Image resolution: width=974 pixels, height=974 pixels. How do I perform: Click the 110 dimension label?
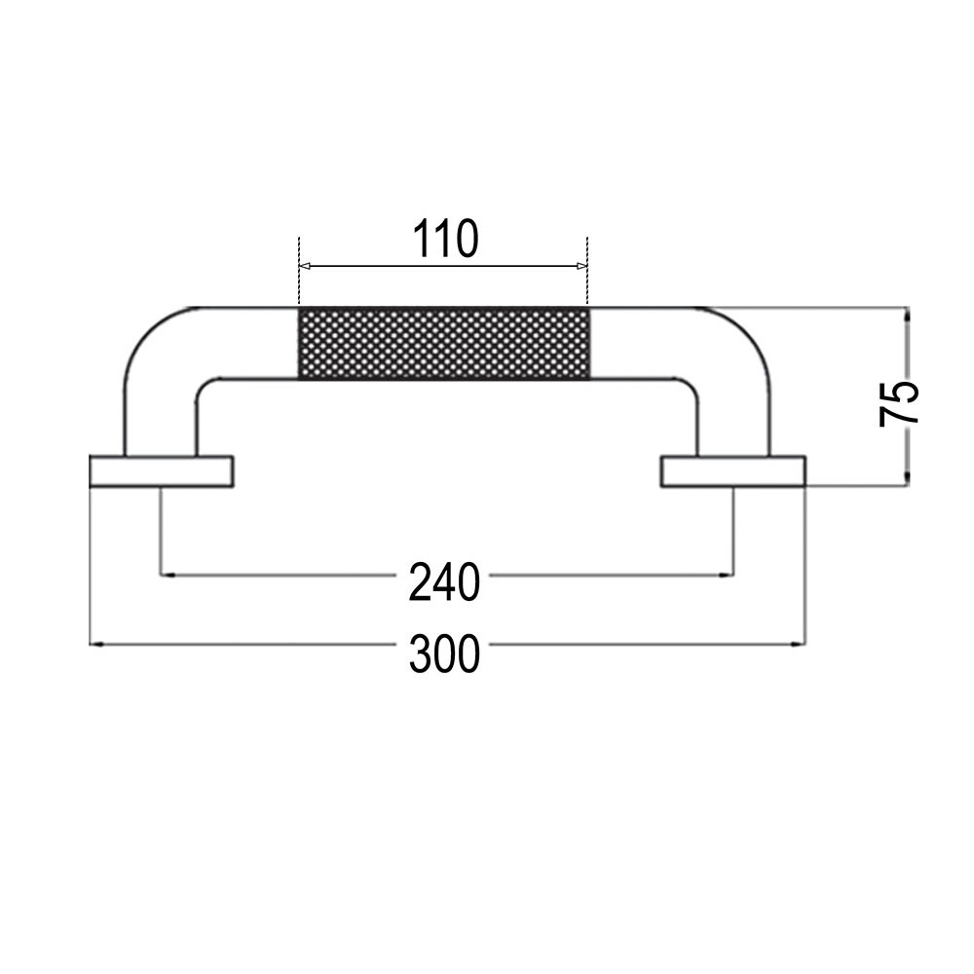(444, 239)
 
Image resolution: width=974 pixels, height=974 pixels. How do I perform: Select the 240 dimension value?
(444, 582)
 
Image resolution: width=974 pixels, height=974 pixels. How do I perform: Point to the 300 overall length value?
(444, 654)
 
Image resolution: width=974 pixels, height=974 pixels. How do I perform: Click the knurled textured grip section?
(443, 343)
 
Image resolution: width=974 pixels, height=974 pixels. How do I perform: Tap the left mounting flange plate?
(163, 470)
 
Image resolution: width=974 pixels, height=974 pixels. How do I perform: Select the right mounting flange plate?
(733, 470)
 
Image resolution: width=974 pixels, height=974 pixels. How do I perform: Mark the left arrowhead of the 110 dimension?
(303, 265)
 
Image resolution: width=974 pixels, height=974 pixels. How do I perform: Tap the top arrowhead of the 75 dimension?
(907, 314)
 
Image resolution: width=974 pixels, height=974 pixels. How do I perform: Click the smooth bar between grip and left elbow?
(248, 343)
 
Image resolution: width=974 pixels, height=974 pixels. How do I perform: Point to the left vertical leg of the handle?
(162, 419)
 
